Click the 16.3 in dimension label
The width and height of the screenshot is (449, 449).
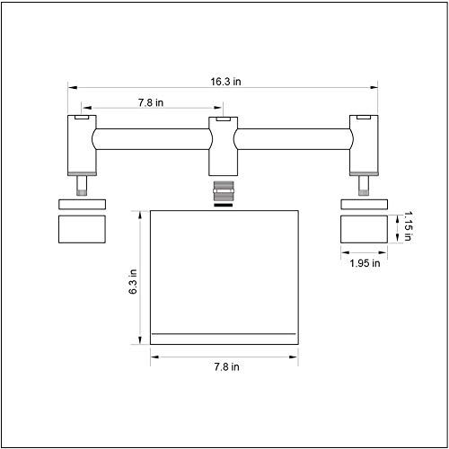[225, 82]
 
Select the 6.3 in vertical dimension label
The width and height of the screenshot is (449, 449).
[133, 281]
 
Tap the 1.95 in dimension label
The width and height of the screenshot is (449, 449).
[365, 263]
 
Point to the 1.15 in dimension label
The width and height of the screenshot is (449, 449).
[408, 226]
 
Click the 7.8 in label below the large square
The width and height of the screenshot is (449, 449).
[226, 367]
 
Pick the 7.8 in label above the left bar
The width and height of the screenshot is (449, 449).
[151, 102]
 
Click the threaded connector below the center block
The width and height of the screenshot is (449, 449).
[224, 191]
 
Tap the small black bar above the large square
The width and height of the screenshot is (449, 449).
[224, 205]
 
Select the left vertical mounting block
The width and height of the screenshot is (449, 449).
[82, 145]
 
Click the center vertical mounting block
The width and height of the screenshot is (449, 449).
[224, 146]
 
